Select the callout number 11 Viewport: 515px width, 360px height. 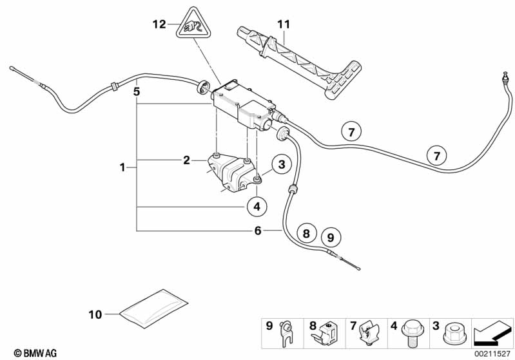pos(283,24)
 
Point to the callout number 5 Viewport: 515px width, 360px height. pos(136,91)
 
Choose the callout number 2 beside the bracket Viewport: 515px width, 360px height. pos(186,160)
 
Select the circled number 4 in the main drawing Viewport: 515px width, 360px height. pos(257,207)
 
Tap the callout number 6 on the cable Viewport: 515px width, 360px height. pos(257,230)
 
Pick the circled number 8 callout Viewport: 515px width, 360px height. pos(307,232)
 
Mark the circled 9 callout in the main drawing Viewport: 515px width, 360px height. pos(331,238)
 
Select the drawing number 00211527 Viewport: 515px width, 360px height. pos(491,353)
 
